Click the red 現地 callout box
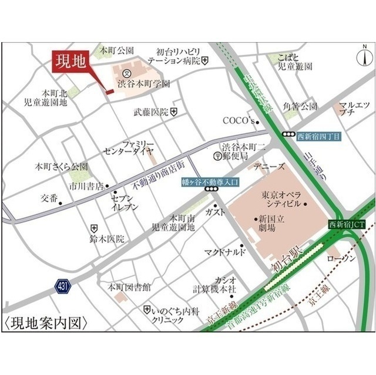(x=70, y=61)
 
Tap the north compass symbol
(x=365, y=59)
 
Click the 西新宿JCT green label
(x=347, y=224)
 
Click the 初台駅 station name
(x=287, y=259)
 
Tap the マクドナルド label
(x=226, y=253)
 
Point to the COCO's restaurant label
(x=238, y=121)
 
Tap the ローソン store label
(x=341, y=259)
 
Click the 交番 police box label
(x=49, y=198)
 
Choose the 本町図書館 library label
(x=129, y=288)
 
